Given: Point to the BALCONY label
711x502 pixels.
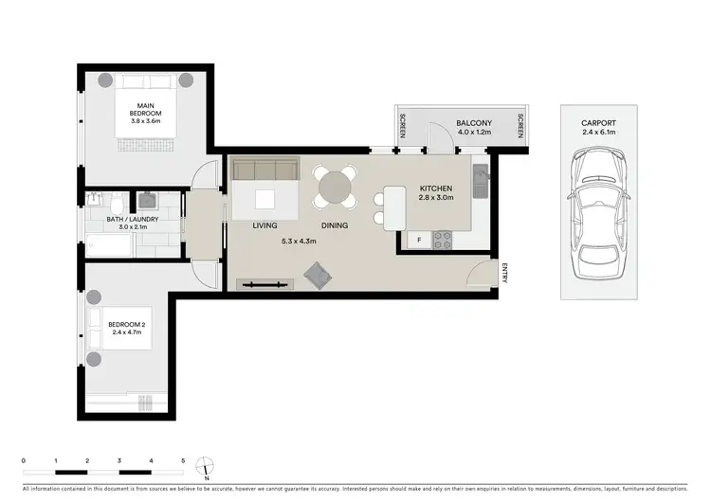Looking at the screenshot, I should tap(472, 123).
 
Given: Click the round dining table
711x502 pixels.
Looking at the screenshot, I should tap(337, 186).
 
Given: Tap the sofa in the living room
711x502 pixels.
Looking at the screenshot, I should tap(264, 170).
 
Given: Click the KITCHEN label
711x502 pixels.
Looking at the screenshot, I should tap(437, 188).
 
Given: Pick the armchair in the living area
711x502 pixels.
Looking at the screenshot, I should tap(317, 275).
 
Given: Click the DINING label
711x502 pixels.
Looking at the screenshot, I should tap(334, 226).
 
